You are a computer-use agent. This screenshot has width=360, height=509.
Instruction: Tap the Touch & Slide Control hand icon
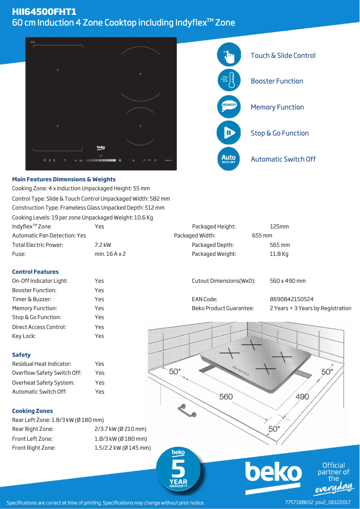(229, 55)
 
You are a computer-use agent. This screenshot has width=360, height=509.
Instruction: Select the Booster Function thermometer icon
(229, 81)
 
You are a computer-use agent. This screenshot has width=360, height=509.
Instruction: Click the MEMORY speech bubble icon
(229, 107)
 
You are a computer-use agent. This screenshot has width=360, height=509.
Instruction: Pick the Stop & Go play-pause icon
(229, 133)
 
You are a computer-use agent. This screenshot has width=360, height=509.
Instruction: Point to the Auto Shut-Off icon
(229, 159)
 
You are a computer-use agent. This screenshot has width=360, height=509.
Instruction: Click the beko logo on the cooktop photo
(101, 147)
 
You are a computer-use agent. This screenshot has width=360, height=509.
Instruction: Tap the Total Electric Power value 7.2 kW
(103, 245)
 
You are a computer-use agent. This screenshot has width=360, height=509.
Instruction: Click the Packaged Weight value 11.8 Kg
(279, 254)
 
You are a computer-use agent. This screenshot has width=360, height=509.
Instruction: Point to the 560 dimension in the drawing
(226, 396)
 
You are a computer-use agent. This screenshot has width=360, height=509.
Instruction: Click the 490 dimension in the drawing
(302, 397)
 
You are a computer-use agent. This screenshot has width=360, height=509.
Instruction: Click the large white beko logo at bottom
(273, 473)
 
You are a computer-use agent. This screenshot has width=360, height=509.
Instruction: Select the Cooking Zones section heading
(32, 411)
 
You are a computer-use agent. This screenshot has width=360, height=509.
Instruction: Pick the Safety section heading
(22, 355)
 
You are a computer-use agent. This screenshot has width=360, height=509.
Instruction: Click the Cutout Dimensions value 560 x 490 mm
(287, 281)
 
